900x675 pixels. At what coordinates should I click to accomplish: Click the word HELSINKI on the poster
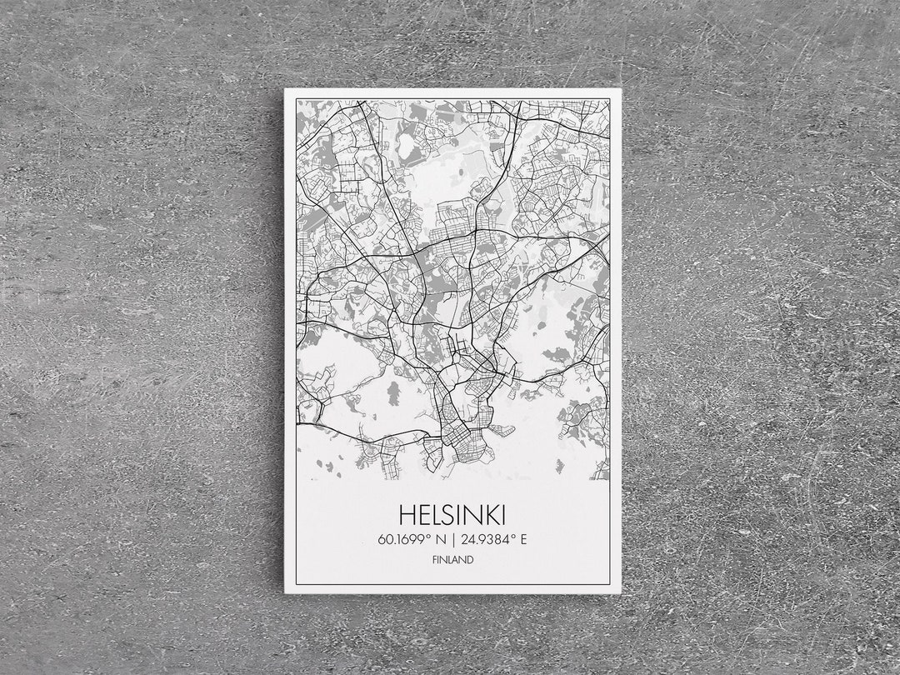pos(452,513)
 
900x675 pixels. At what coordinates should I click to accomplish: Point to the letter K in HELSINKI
pos(492,513)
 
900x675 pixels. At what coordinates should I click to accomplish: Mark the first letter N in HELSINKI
pos(475,513)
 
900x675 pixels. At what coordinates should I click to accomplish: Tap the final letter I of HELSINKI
pos(502,513)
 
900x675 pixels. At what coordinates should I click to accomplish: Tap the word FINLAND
pos(452,560)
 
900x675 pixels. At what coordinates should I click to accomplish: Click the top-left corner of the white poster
pos(285,89)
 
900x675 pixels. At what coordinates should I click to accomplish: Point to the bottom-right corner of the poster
pos(620,592)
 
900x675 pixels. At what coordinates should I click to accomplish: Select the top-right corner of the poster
pos(620,89)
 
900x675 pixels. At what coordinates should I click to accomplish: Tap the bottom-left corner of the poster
pos(285,592)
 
